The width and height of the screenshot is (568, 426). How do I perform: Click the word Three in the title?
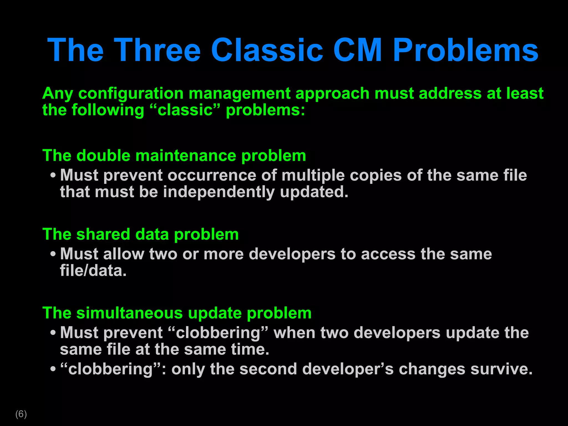point(157,50)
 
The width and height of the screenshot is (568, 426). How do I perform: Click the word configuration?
point(131,93)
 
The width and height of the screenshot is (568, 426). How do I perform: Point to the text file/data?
point(93,271)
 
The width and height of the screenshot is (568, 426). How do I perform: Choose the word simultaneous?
point(130,313)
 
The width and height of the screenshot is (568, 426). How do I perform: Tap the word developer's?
point(348,369)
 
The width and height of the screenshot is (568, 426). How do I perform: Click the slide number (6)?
point(21,414)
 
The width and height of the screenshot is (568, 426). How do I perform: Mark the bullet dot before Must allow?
point(53,254)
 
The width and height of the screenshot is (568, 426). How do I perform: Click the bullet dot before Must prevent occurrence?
point(53,176)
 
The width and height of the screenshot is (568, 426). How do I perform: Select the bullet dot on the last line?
point(53,369)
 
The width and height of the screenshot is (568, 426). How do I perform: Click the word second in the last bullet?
point(268,369)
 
